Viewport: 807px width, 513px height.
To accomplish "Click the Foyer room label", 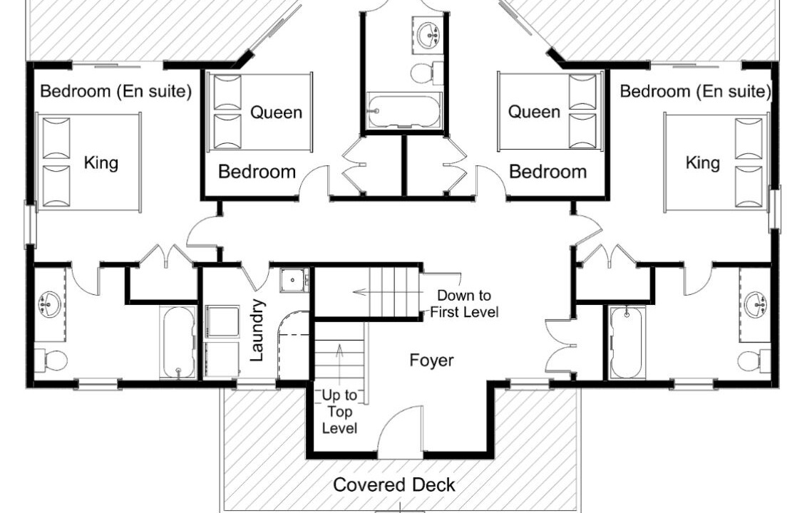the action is (431, 361).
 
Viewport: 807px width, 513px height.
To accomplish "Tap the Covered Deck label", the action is (394, 484).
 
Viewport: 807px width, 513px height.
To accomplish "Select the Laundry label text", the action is (257, 331).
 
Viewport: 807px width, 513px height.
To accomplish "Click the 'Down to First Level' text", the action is (464, 304).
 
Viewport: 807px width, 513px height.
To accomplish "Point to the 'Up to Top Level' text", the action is (339, 412).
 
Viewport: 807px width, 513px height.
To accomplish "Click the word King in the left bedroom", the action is (101, 163).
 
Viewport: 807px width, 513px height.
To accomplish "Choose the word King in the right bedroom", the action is (702, 163).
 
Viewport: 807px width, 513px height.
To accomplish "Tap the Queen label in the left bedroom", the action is (277, 113).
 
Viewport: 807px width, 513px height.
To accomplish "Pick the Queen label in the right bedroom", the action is (534, 112).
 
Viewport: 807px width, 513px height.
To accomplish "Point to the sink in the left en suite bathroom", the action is (50, 304).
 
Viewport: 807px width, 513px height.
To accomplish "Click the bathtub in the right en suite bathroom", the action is (627, 342).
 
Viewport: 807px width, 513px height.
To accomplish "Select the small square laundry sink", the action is (294, 281).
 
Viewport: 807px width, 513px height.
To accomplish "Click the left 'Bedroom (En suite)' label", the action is (115, 91).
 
